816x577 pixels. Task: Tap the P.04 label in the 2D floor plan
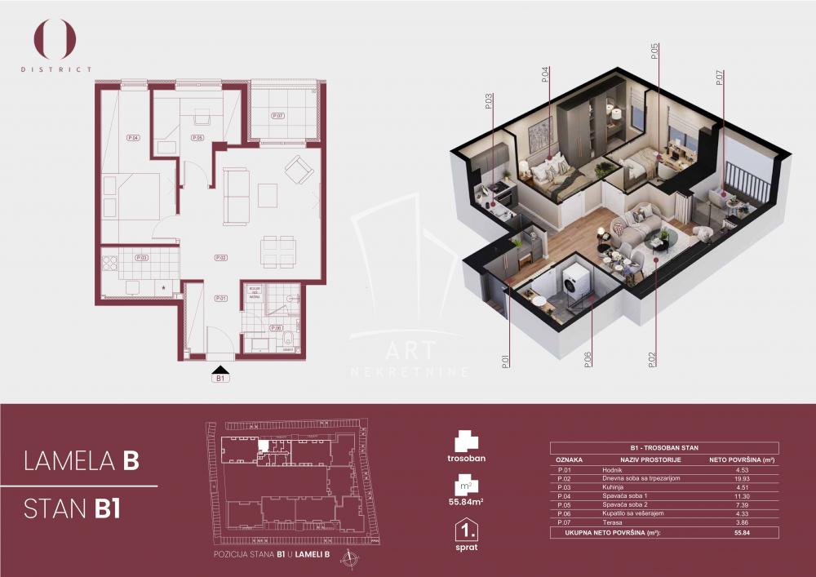pos(133,138)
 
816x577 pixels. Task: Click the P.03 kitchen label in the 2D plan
pos(141,258)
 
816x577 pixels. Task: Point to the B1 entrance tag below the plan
pos(220,378)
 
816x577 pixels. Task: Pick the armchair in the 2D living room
pos(298,170)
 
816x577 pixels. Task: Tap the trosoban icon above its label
pos(467,442)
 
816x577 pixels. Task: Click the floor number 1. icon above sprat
pos(467,531)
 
